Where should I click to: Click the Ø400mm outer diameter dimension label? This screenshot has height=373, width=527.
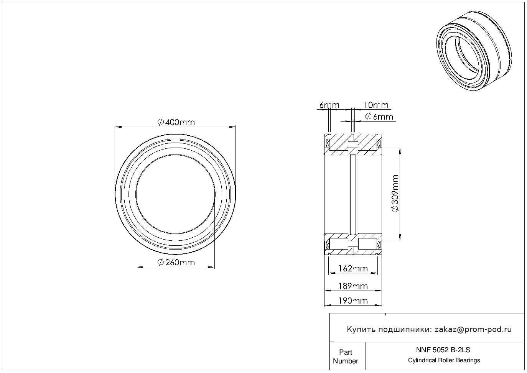click(x=176, y=122)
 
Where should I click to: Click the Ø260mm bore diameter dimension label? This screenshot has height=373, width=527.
click(x=176, y=262)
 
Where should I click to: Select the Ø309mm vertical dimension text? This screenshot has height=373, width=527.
click(x=395, y=193)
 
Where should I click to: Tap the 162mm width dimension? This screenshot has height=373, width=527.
click(x=353, y=268)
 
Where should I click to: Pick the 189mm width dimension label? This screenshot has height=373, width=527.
click(x=353, y=286)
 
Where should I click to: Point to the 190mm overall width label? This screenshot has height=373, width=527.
click(x=353, y=301)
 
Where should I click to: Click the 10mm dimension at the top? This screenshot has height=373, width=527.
click(x=376, y=105)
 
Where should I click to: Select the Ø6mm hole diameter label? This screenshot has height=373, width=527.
click(x=379, y=117)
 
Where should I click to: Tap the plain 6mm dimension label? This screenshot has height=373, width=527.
click(x=329, y=105)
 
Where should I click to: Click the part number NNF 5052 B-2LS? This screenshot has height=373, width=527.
click(x=443, y=350)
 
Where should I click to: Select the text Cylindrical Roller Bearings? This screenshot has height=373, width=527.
click(x=444, y=360)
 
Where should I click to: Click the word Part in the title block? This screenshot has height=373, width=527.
click(x=345, y=352)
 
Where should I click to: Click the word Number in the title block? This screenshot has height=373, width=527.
click(x=345, y=361)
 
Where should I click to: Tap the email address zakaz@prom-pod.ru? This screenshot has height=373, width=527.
click(x=473, y=330)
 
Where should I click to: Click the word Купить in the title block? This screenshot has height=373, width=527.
click(x=361, y=330)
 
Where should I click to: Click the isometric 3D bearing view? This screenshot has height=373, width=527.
click(x=474, y=51)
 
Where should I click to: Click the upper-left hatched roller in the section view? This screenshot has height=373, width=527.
click(x=338, y=145)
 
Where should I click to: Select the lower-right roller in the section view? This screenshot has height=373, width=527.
click(x=367, y=244)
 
